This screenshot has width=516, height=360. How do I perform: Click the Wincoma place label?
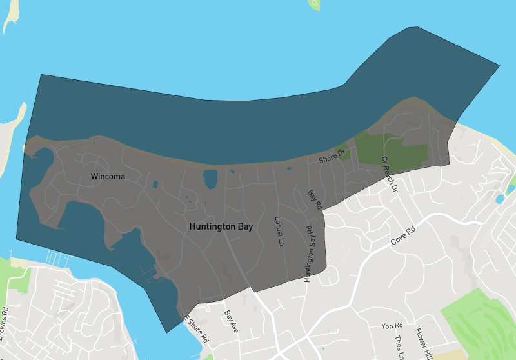click(108, 176)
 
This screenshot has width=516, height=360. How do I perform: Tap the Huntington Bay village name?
click(221, 227)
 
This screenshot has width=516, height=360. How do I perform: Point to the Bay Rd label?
click(314, 200)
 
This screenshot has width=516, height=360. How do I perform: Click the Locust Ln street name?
click(279, 232)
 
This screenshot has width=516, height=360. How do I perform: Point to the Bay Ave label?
click(231, 321)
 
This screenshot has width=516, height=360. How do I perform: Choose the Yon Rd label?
click(392, 326)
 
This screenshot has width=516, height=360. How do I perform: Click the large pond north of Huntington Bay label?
click(210, 179)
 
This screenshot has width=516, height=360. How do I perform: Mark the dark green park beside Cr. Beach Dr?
click(393, 150)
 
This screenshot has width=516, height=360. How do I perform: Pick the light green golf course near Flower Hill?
click(481, 323)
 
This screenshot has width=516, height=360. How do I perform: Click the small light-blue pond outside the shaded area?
click(499, 199)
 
